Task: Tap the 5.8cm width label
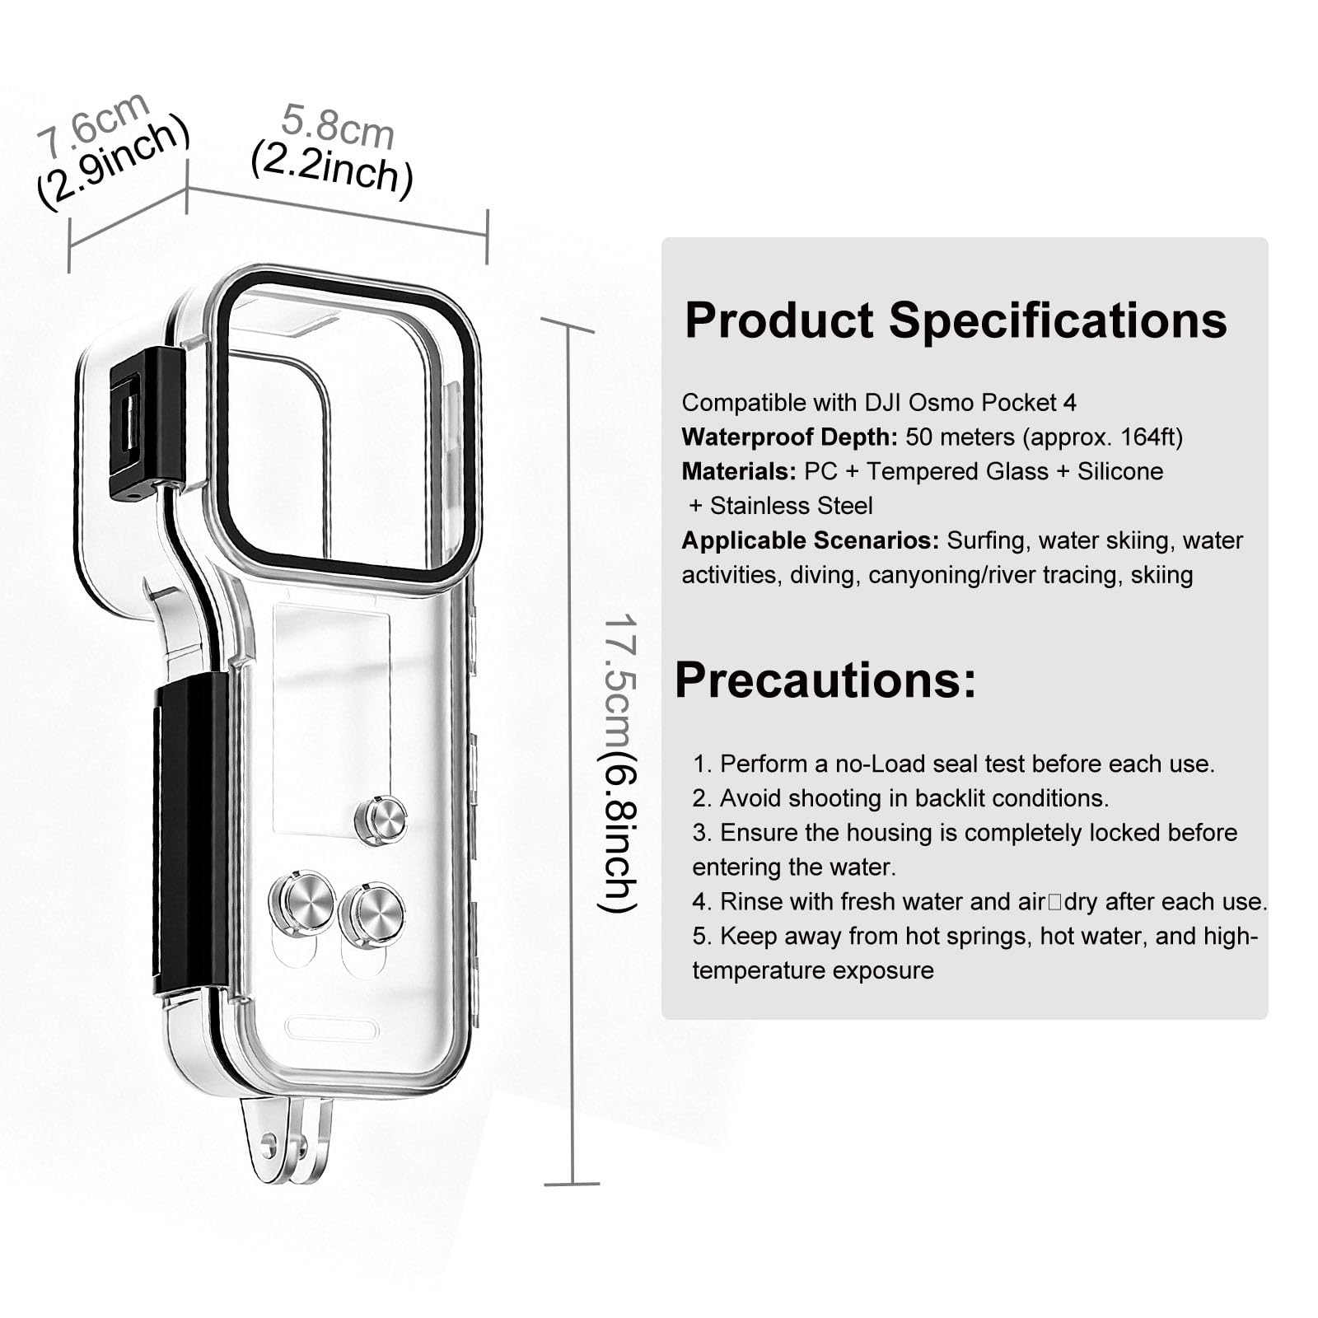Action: [338, 126]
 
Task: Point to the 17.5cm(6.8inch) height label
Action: [618, 763]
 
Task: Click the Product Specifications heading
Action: [956, 320]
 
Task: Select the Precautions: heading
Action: [825, 680]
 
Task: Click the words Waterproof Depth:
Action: [789, 437]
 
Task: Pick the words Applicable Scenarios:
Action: [810, 541]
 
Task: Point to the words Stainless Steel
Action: [791, 506]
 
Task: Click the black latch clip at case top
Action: [147, 423]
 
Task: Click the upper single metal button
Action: [381, 820]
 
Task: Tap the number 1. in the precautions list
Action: [702, 764]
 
